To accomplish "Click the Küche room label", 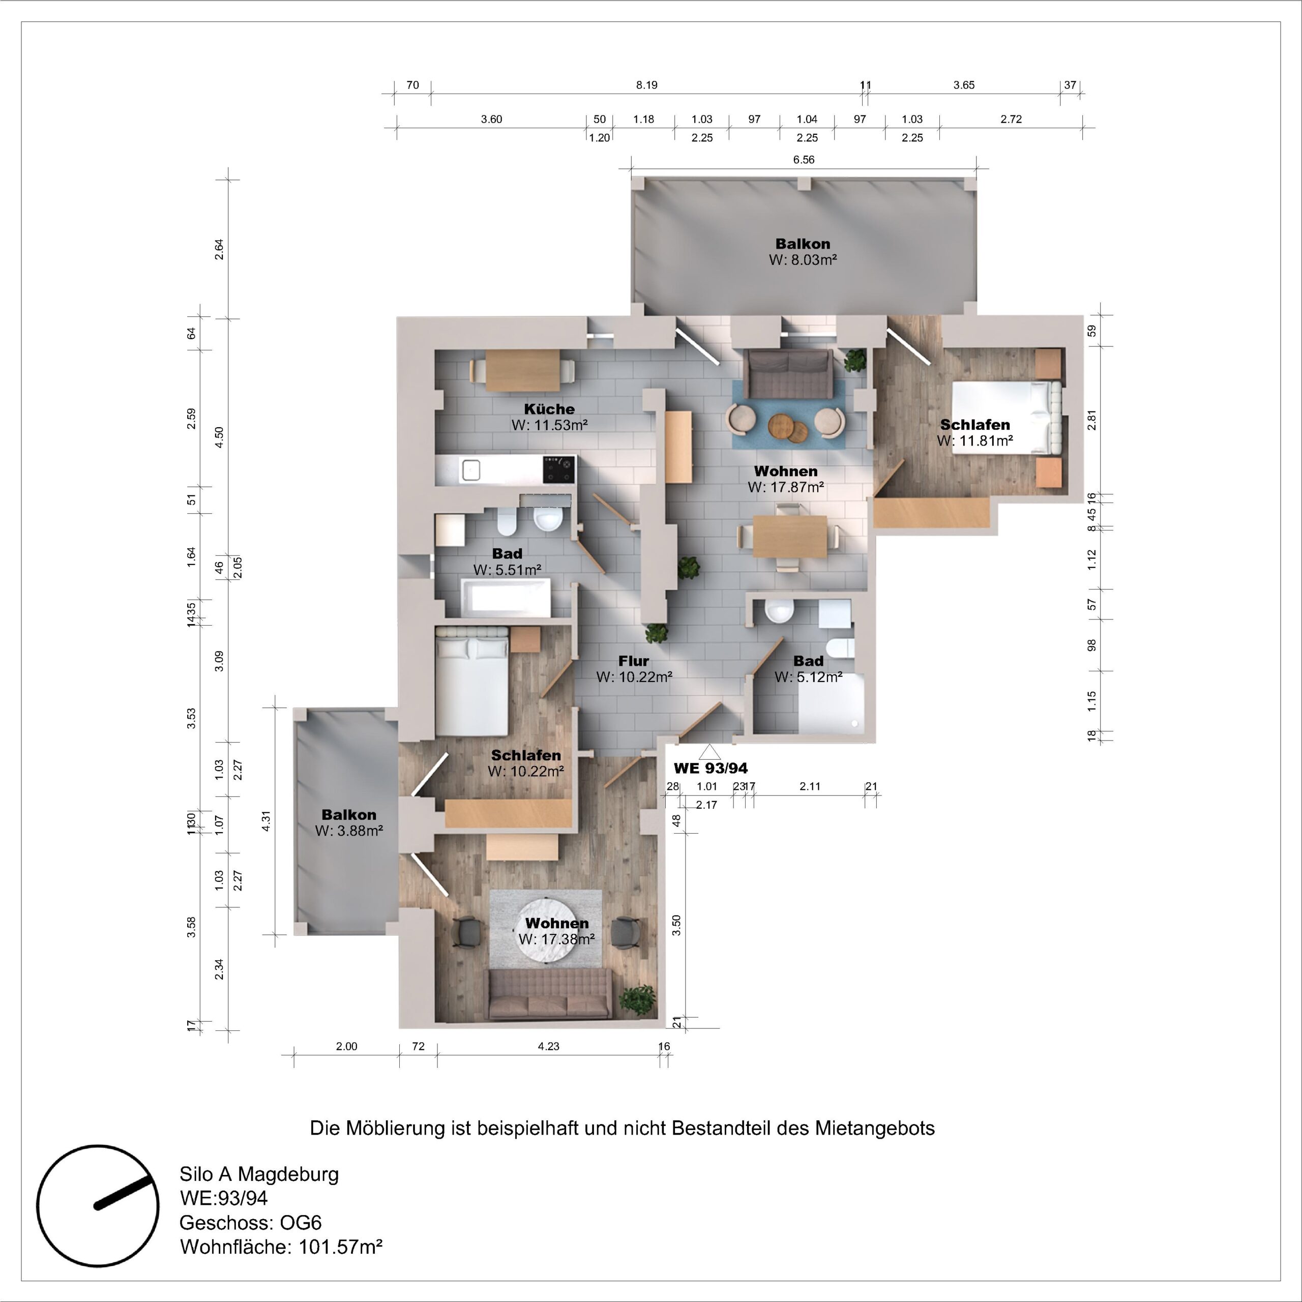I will point(549,409).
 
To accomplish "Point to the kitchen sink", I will point(470,470).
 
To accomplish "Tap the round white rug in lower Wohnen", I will point(556,931).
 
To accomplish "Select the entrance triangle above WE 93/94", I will point(709,752).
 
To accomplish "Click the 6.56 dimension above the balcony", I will point(803,160).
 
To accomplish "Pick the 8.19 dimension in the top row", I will point(646,85).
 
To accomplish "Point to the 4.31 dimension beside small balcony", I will point(265,821).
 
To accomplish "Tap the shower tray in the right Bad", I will point(830,704).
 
